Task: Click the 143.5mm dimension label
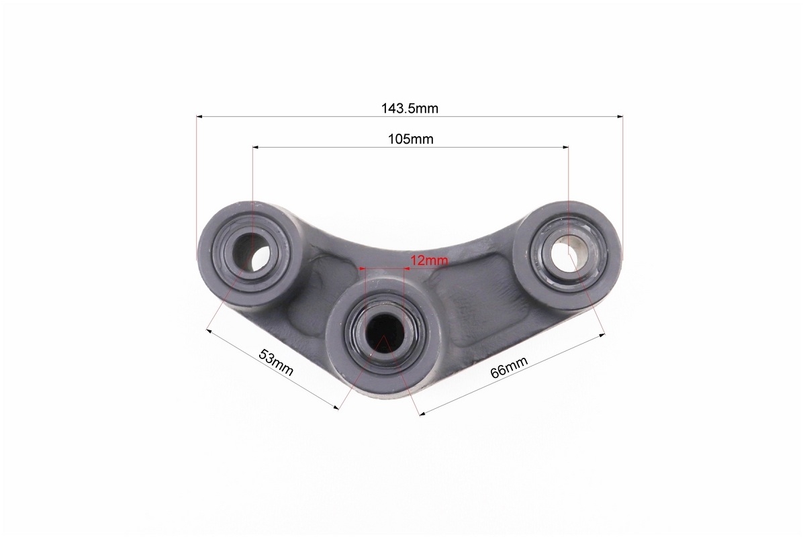coord(409,109)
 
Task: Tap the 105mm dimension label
coord(411,139)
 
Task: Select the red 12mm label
coord(429,260)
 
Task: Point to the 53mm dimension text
coord(276,362)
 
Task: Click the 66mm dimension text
coord(508,368)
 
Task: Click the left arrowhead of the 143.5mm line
coord(200,117)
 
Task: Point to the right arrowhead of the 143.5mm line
coord(619,117)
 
